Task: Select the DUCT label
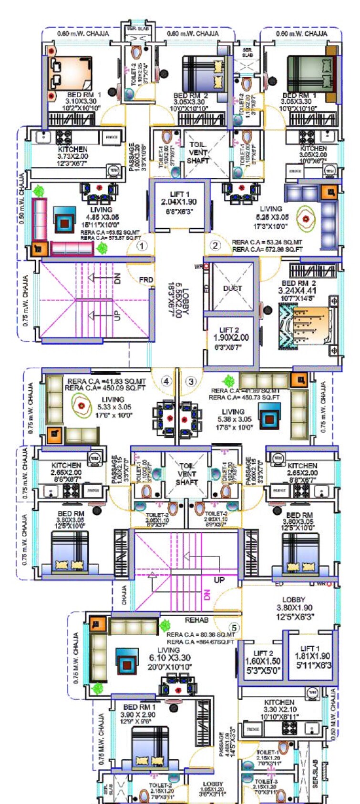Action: pyautogui.click(x=233, y=288)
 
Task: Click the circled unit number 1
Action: pyautogui.click(x=142, y=246)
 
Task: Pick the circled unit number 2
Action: pyautogui.click(x=216, y=245)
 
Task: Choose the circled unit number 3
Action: pyautogui.click(x=191, y=381)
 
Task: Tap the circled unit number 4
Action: pyautogui.click(x=166, y=381)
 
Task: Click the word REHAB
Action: pyautogui.click(x=196, y=620)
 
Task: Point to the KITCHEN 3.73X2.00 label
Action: pyautogui.click(x=73, y=156)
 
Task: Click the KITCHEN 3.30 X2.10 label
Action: pyautogui.click(x=279, y=709)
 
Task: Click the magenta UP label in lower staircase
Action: pyautogui.click(x=219, y=580)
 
